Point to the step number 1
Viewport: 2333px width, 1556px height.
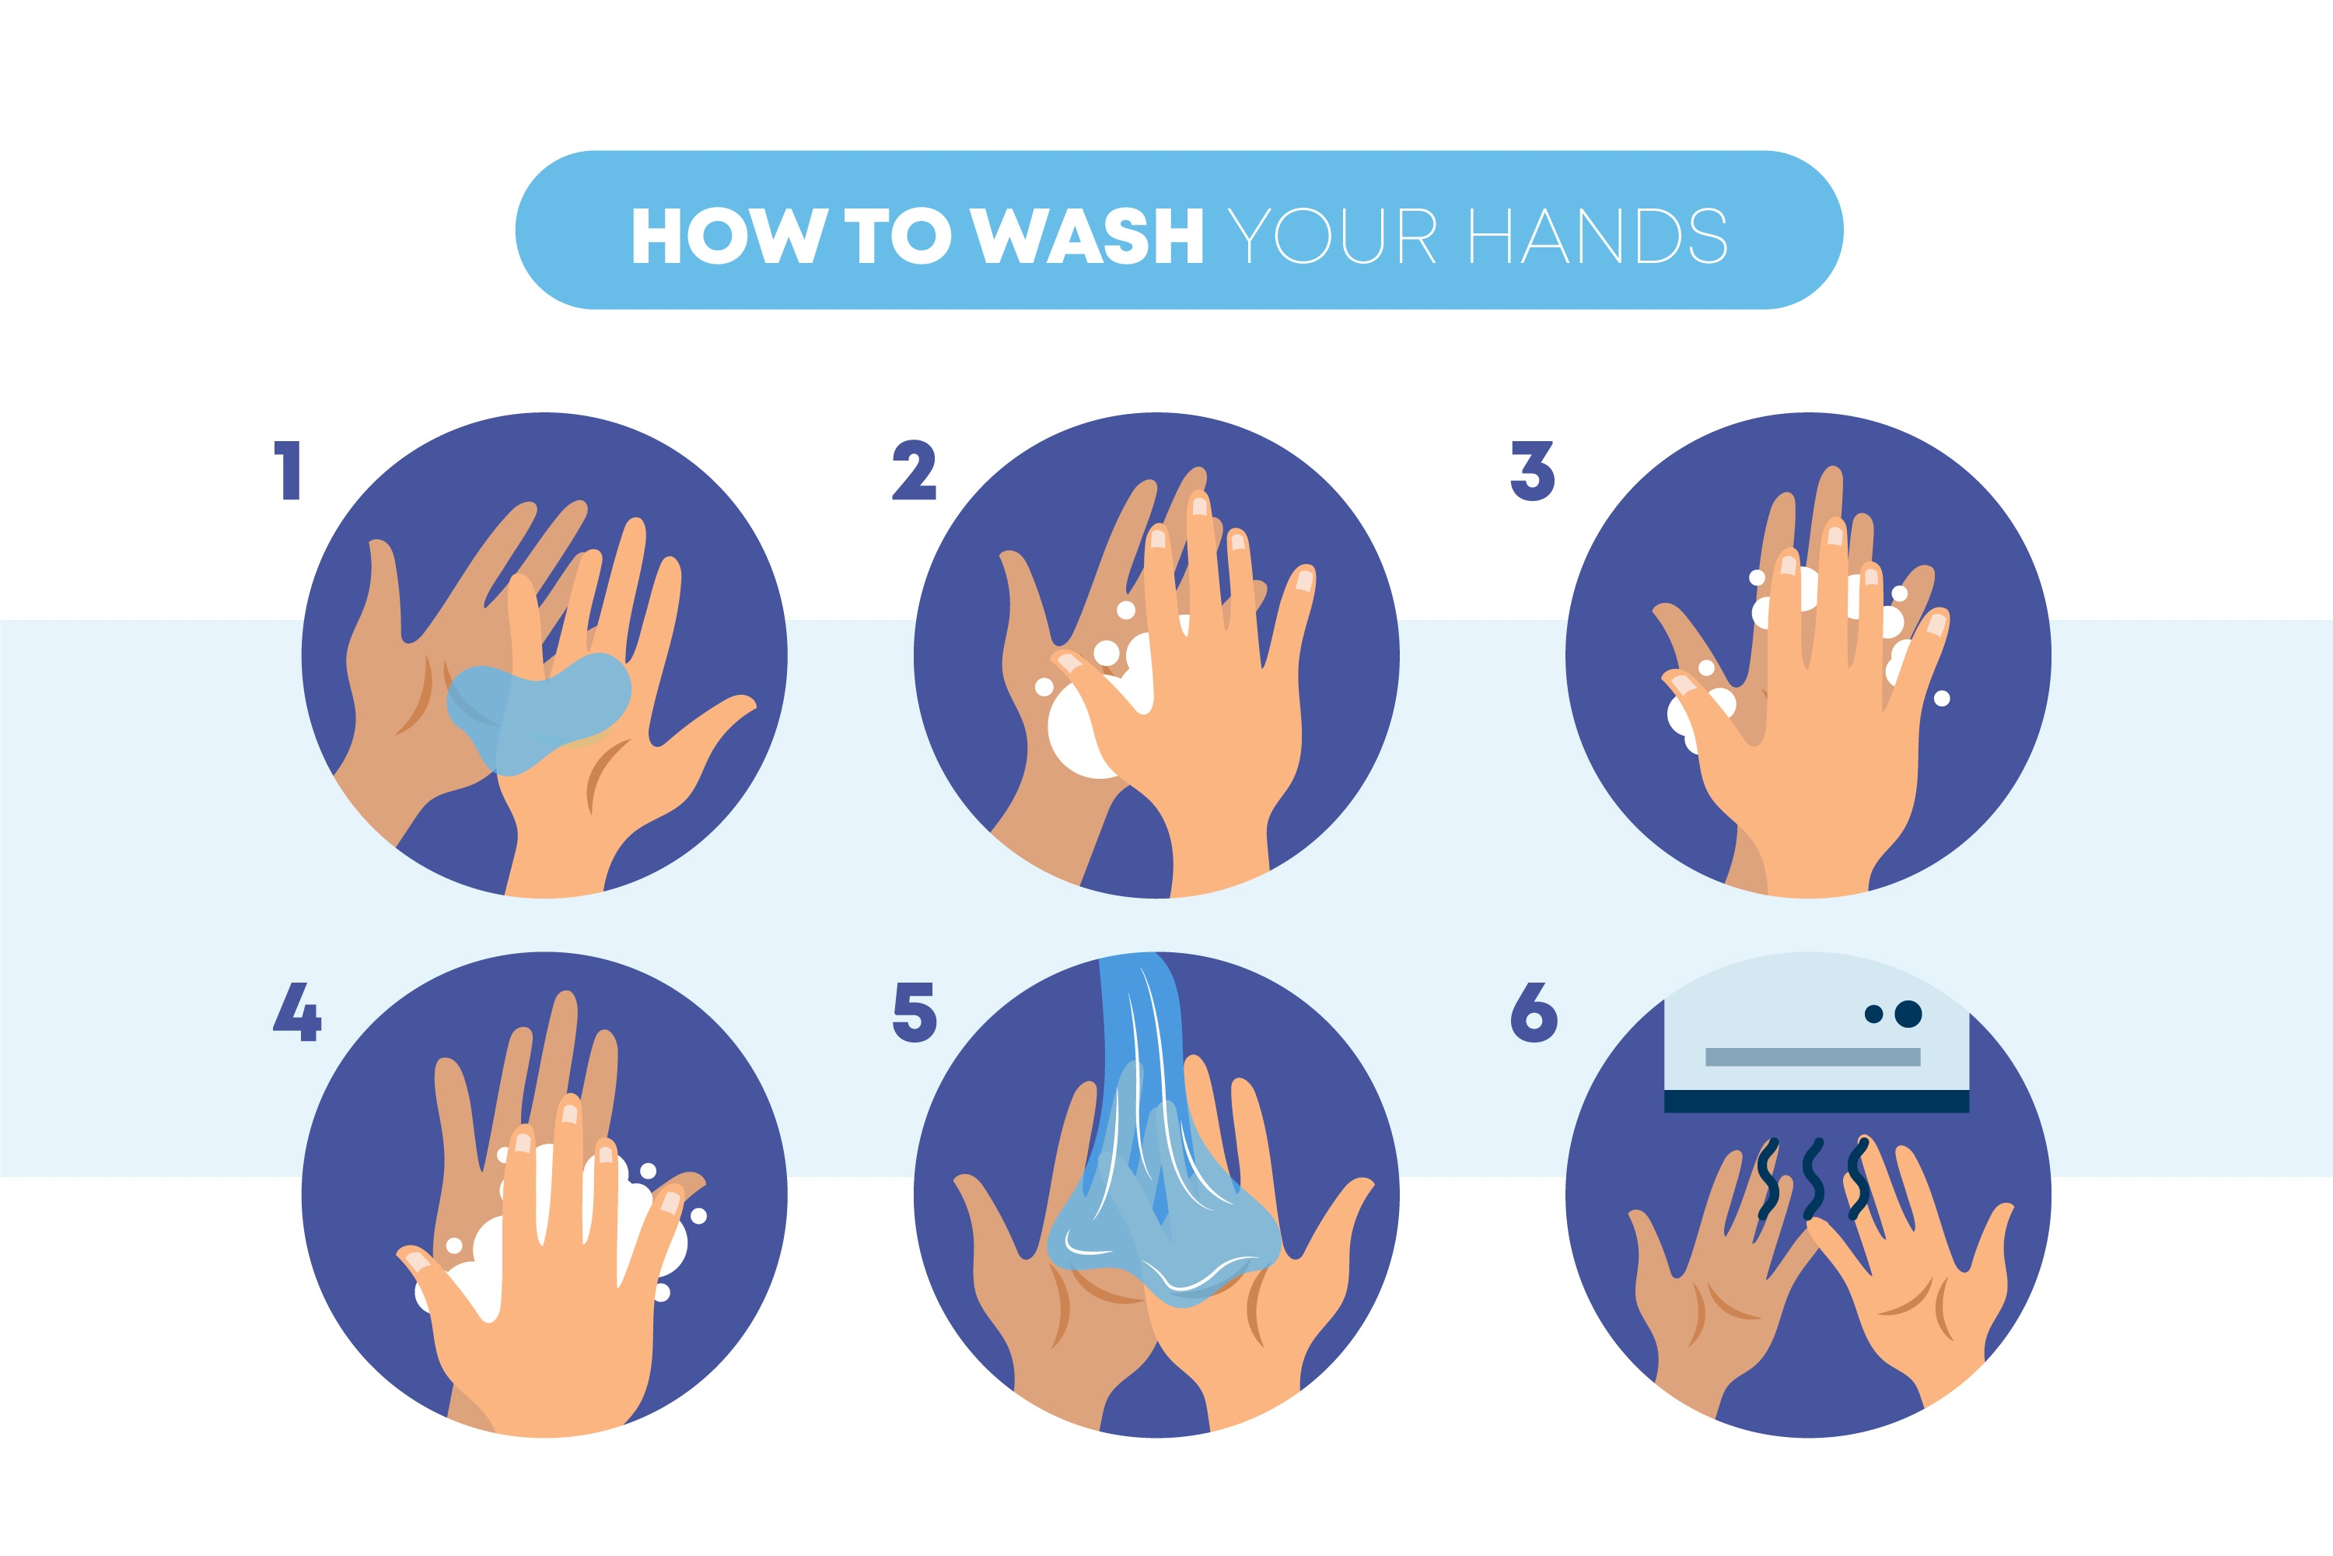click(288, 471)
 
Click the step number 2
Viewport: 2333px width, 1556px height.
click(914, 471)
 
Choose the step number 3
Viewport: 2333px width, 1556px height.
click(1533, 471)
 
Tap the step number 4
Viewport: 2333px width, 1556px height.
click(296, 1011)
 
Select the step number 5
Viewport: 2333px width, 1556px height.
click(915, 1012)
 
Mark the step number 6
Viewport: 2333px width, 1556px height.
click(1534, 1012)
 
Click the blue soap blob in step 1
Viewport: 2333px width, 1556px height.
click(539, 710)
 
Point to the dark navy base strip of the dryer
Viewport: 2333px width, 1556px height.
click(1816, 1101)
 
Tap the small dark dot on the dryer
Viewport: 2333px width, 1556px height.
click(1873, 1015)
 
